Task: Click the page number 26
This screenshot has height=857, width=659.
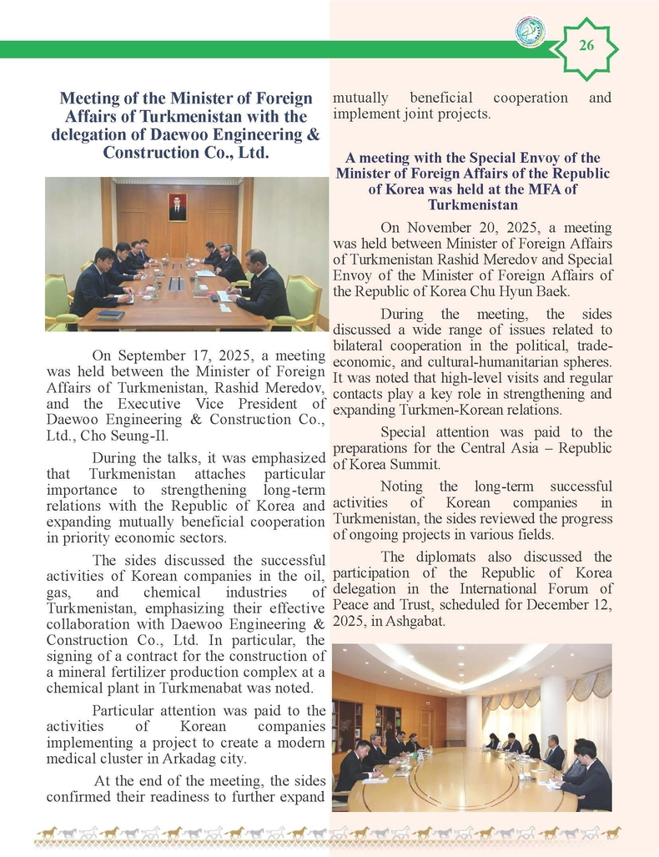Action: point(586,46)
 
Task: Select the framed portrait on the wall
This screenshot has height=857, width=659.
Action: point(178,206)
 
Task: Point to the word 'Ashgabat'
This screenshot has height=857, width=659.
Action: point(418,622)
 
